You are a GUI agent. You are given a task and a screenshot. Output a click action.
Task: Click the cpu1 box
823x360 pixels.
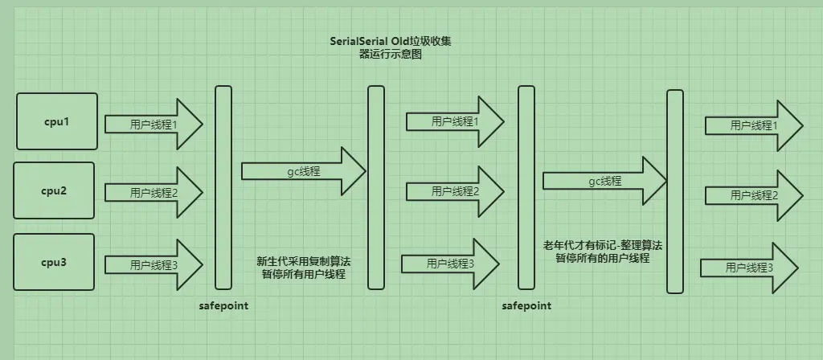pyautogui.click(x=57, y=121)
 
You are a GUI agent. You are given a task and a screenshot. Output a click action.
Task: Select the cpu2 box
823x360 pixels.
pyautogui.click(x=54, y=191)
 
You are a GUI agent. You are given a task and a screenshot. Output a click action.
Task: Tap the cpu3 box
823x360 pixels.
pyautogui.click(x=54, y=263)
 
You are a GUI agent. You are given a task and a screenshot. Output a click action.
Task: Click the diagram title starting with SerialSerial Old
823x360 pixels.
pyautogui.click(x=396, y=47)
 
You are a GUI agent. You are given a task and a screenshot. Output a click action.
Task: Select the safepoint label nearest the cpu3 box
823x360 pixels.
pyautogui.click(x=223, y=306)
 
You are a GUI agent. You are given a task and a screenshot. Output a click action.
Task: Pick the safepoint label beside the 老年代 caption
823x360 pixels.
pyautogui.click(x=526, y=306)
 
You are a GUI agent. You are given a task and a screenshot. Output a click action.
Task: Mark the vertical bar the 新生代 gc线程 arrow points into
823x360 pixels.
pyautogui.click(x=375, y=187)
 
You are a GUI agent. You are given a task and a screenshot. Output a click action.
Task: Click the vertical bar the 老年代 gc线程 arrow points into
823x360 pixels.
pyautogui.click(x=675, y=192)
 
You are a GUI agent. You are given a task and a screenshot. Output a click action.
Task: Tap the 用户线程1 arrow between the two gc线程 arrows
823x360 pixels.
pyautogui.click(x=455, y=121)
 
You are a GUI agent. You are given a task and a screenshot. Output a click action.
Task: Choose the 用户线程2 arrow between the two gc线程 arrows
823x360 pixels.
pyautogui.click(x=455, y=191)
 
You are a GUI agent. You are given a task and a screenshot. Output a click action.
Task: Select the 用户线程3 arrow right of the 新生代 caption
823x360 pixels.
pyautogui.click(x=451, y=263)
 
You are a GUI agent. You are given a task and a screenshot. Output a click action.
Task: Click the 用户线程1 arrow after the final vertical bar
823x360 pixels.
pyautogui.click(x=754, y=125)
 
